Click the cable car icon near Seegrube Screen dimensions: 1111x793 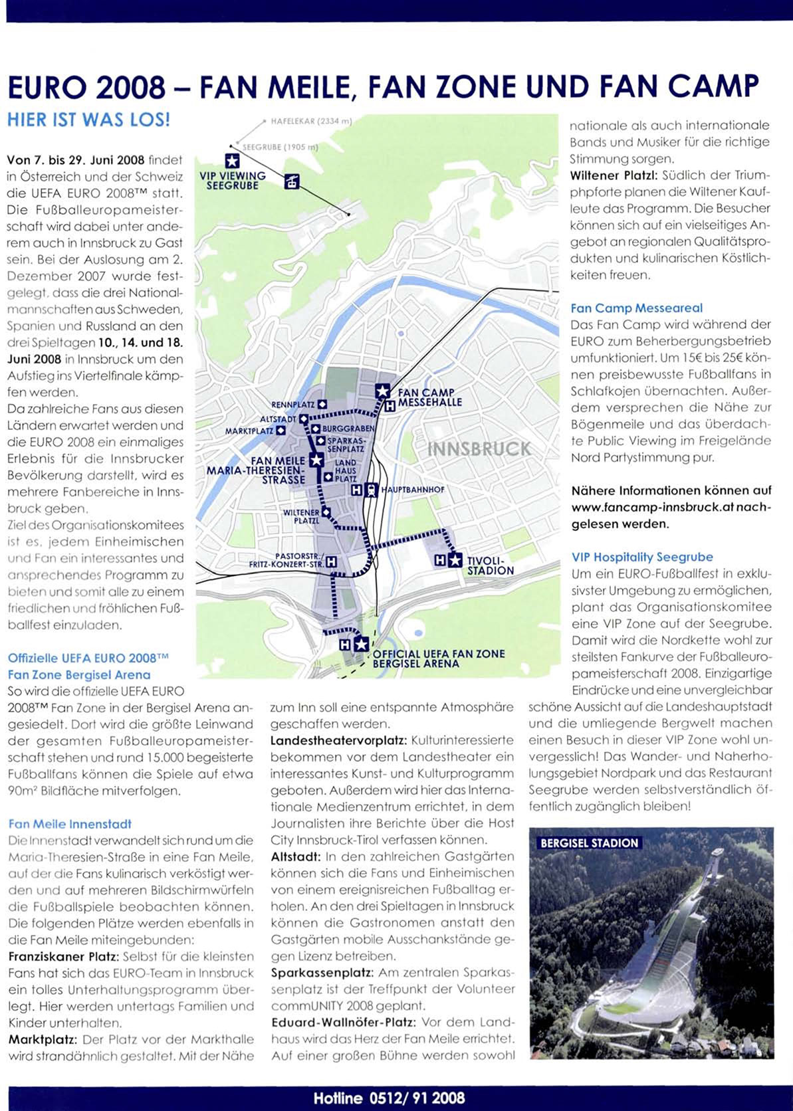[292, 181]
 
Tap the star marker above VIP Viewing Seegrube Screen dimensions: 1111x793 [231, 160]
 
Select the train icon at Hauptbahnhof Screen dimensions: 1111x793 [372, 490]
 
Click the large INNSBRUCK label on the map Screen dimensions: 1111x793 [479, 449]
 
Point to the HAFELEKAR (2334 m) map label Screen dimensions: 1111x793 [310, 122]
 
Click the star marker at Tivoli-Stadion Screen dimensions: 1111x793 [455, 560]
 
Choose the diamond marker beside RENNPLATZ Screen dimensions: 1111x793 [322, 404]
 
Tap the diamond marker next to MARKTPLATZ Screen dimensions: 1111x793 [281, 431]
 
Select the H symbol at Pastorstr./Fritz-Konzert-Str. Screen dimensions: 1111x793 [331, 562]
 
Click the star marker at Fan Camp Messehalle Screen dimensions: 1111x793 [382, 391]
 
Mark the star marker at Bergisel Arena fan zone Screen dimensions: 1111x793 [360, 644]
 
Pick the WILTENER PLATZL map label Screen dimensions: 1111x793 [302, 516]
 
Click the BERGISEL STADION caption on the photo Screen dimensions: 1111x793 [589, 843]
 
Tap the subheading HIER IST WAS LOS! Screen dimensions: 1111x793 [88, 120]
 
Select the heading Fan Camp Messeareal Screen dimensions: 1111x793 [636, 308]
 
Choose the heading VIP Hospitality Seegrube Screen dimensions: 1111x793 [641, 557]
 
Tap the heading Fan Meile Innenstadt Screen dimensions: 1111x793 [70, 824]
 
